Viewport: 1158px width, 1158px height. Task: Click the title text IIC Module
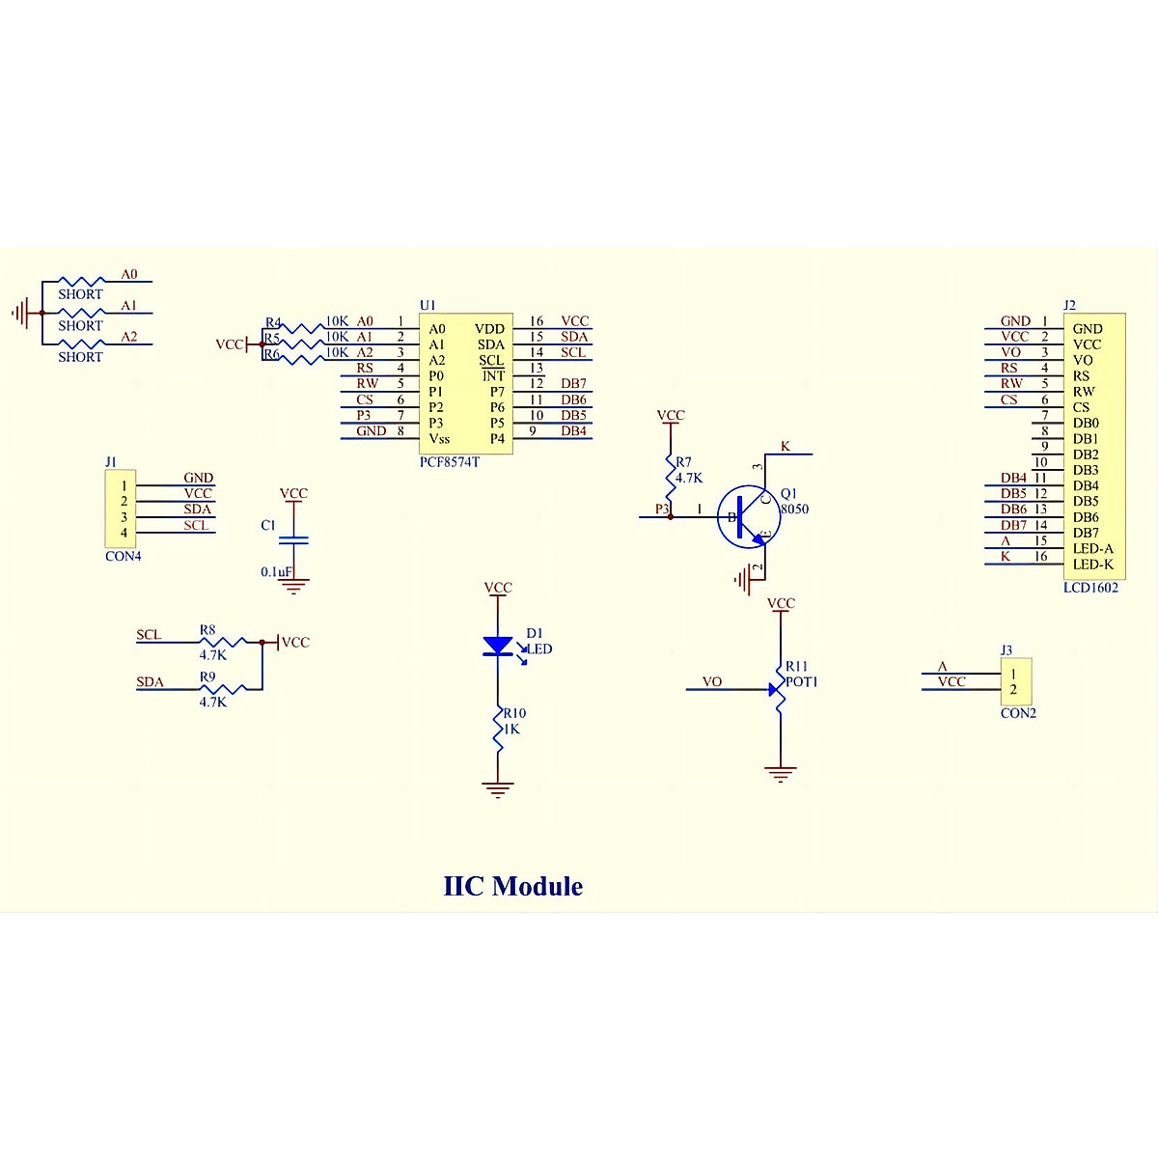(512, 886)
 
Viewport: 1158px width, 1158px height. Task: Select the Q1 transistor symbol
(748, 517)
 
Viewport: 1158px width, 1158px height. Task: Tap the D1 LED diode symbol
(498, 647)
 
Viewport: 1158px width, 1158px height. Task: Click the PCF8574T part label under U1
(449, 462)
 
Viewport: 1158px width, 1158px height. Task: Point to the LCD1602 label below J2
(1090, 588)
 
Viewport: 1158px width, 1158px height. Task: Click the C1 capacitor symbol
(293, 539)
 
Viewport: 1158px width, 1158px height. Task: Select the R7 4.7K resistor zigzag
(670, 473)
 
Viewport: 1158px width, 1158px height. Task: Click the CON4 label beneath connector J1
(123, 557)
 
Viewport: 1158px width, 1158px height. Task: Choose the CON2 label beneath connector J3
(1018, 713)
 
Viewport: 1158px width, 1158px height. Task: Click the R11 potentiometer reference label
(796, 666)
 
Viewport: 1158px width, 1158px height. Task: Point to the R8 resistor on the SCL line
(224, 642)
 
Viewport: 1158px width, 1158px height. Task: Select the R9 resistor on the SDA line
(224, 688)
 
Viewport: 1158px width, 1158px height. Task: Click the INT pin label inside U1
(493, 375)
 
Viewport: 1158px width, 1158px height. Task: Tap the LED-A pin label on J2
(1092, 548)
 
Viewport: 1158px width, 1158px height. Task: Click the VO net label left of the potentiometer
(712, 681)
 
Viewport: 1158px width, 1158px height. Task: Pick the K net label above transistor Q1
(786, 447)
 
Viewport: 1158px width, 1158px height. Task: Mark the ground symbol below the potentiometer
(780, 773)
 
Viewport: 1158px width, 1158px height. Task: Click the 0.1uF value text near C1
(276, 572)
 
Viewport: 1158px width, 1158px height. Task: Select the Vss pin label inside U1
(439, 438)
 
